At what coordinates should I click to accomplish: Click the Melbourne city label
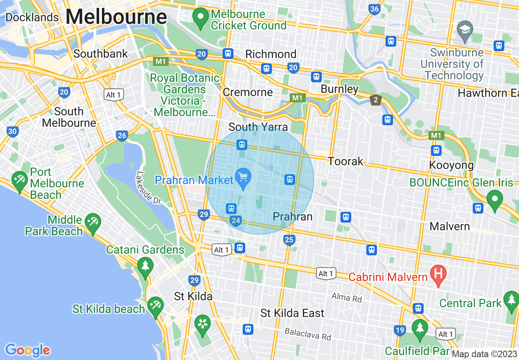click(x=116, y=18)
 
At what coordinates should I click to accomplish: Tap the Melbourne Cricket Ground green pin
click(x=201, y=18)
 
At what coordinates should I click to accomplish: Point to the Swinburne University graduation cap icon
click(x=465, y=30)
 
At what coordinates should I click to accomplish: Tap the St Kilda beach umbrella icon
click(x=155, y=306)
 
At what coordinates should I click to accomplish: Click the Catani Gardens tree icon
click(x=145, y=266)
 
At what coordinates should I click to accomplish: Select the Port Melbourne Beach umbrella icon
click(x=19, y=180)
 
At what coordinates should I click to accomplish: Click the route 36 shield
click(x=374, y=9)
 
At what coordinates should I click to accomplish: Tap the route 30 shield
click(x=12, y=131)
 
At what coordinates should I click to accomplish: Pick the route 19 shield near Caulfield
click(x=400, y=330)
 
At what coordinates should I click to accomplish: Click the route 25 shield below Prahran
click(x=289, y=240)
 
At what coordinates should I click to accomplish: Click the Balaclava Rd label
click(x=307, y=334)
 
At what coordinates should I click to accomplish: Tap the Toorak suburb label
click(x=345, y=161)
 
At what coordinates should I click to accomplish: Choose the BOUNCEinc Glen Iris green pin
click(x=495, y=199)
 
